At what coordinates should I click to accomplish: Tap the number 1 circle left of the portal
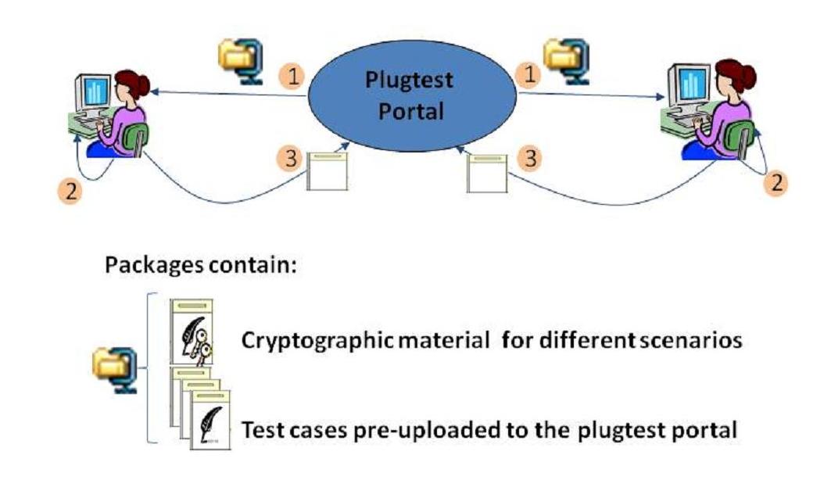(x=292, y=76)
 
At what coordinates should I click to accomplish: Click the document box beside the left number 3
(x=327, y=171)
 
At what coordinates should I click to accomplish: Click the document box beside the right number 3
(x=487, y=173)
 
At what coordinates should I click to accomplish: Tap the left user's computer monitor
(x=94, y=91)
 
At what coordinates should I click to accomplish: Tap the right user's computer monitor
(x=690, y=83)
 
